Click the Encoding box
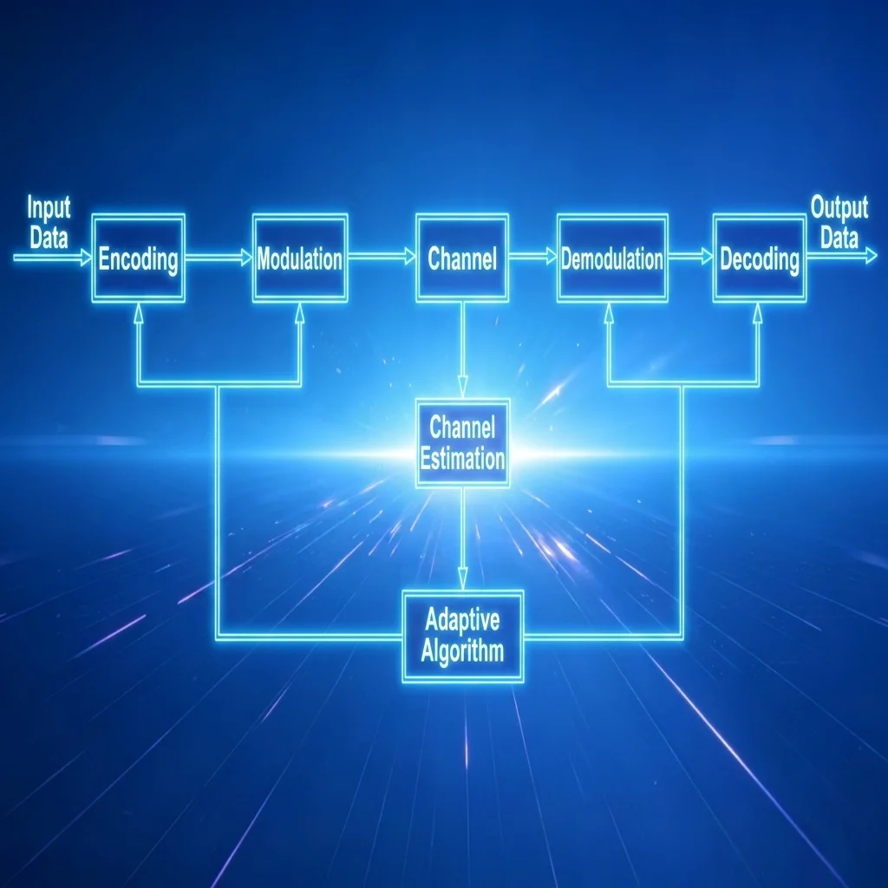pos(138,258)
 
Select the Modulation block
pos(299,258)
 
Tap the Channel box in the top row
pos(462,258)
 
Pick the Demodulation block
pos(612,258)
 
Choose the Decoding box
pos(760,258)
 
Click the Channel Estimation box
pos(463,443)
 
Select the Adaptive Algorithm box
pos(463,636)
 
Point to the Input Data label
pos(49,222)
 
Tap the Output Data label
pos(839,222)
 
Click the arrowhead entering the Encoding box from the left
pos(86,258)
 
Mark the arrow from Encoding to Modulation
pos(219,258)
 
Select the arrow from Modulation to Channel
pos(382,258)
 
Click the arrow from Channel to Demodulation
pos(533,257)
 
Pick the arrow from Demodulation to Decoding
pos(690,257)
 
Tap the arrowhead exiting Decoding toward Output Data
pos(871,257)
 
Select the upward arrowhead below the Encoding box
pos(138,313)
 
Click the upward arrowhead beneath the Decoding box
pos(758,313)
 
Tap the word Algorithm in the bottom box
pos(462,651)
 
